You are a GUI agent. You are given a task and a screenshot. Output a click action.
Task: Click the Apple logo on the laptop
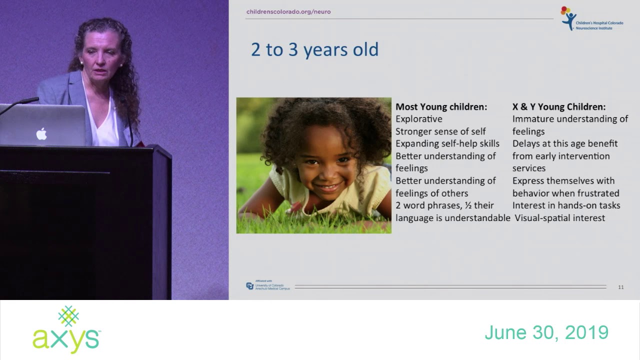tap(41, 133)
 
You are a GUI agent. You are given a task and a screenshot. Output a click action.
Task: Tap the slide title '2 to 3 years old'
tap(314, 50)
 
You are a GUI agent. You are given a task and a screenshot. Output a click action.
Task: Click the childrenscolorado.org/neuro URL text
tap(288, 11)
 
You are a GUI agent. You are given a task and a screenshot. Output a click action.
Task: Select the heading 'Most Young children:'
tap(441, 107)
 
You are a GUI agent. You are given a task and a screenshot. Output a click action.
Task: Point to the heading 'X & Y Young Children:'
tap(558, 107)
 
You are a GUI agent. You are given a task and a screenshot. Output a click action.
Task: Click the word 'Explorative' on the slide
tap(419, 119)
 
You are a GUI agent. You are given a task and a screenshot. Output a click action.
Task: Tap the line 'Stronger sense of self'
tap(440, 131)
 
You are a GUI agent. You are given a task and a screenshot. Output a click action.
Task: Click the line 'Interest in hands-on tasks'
tap(566, 205)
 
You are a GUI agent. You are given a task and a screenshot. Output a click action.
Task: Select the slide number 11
tap(621, 287)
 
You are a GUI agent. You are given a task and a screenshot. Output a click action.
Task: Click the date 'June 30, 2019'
tap(546, 332)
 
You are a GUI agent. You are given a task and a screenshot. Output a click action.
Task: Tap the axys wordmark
tap(66, 340)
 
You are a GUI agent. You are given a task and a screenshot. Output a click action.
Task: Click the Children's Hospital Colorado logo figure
tap(568, 18)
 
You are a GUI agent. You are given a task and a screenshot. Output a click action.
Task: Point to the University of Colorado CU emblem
tap(250, 286)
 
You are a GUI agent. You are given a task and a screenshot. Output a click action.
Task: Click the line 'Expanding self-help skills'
tap(447, 144)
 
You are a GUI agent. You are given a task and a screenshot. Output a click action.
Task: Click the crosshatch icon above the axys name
tap(68, 316)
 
